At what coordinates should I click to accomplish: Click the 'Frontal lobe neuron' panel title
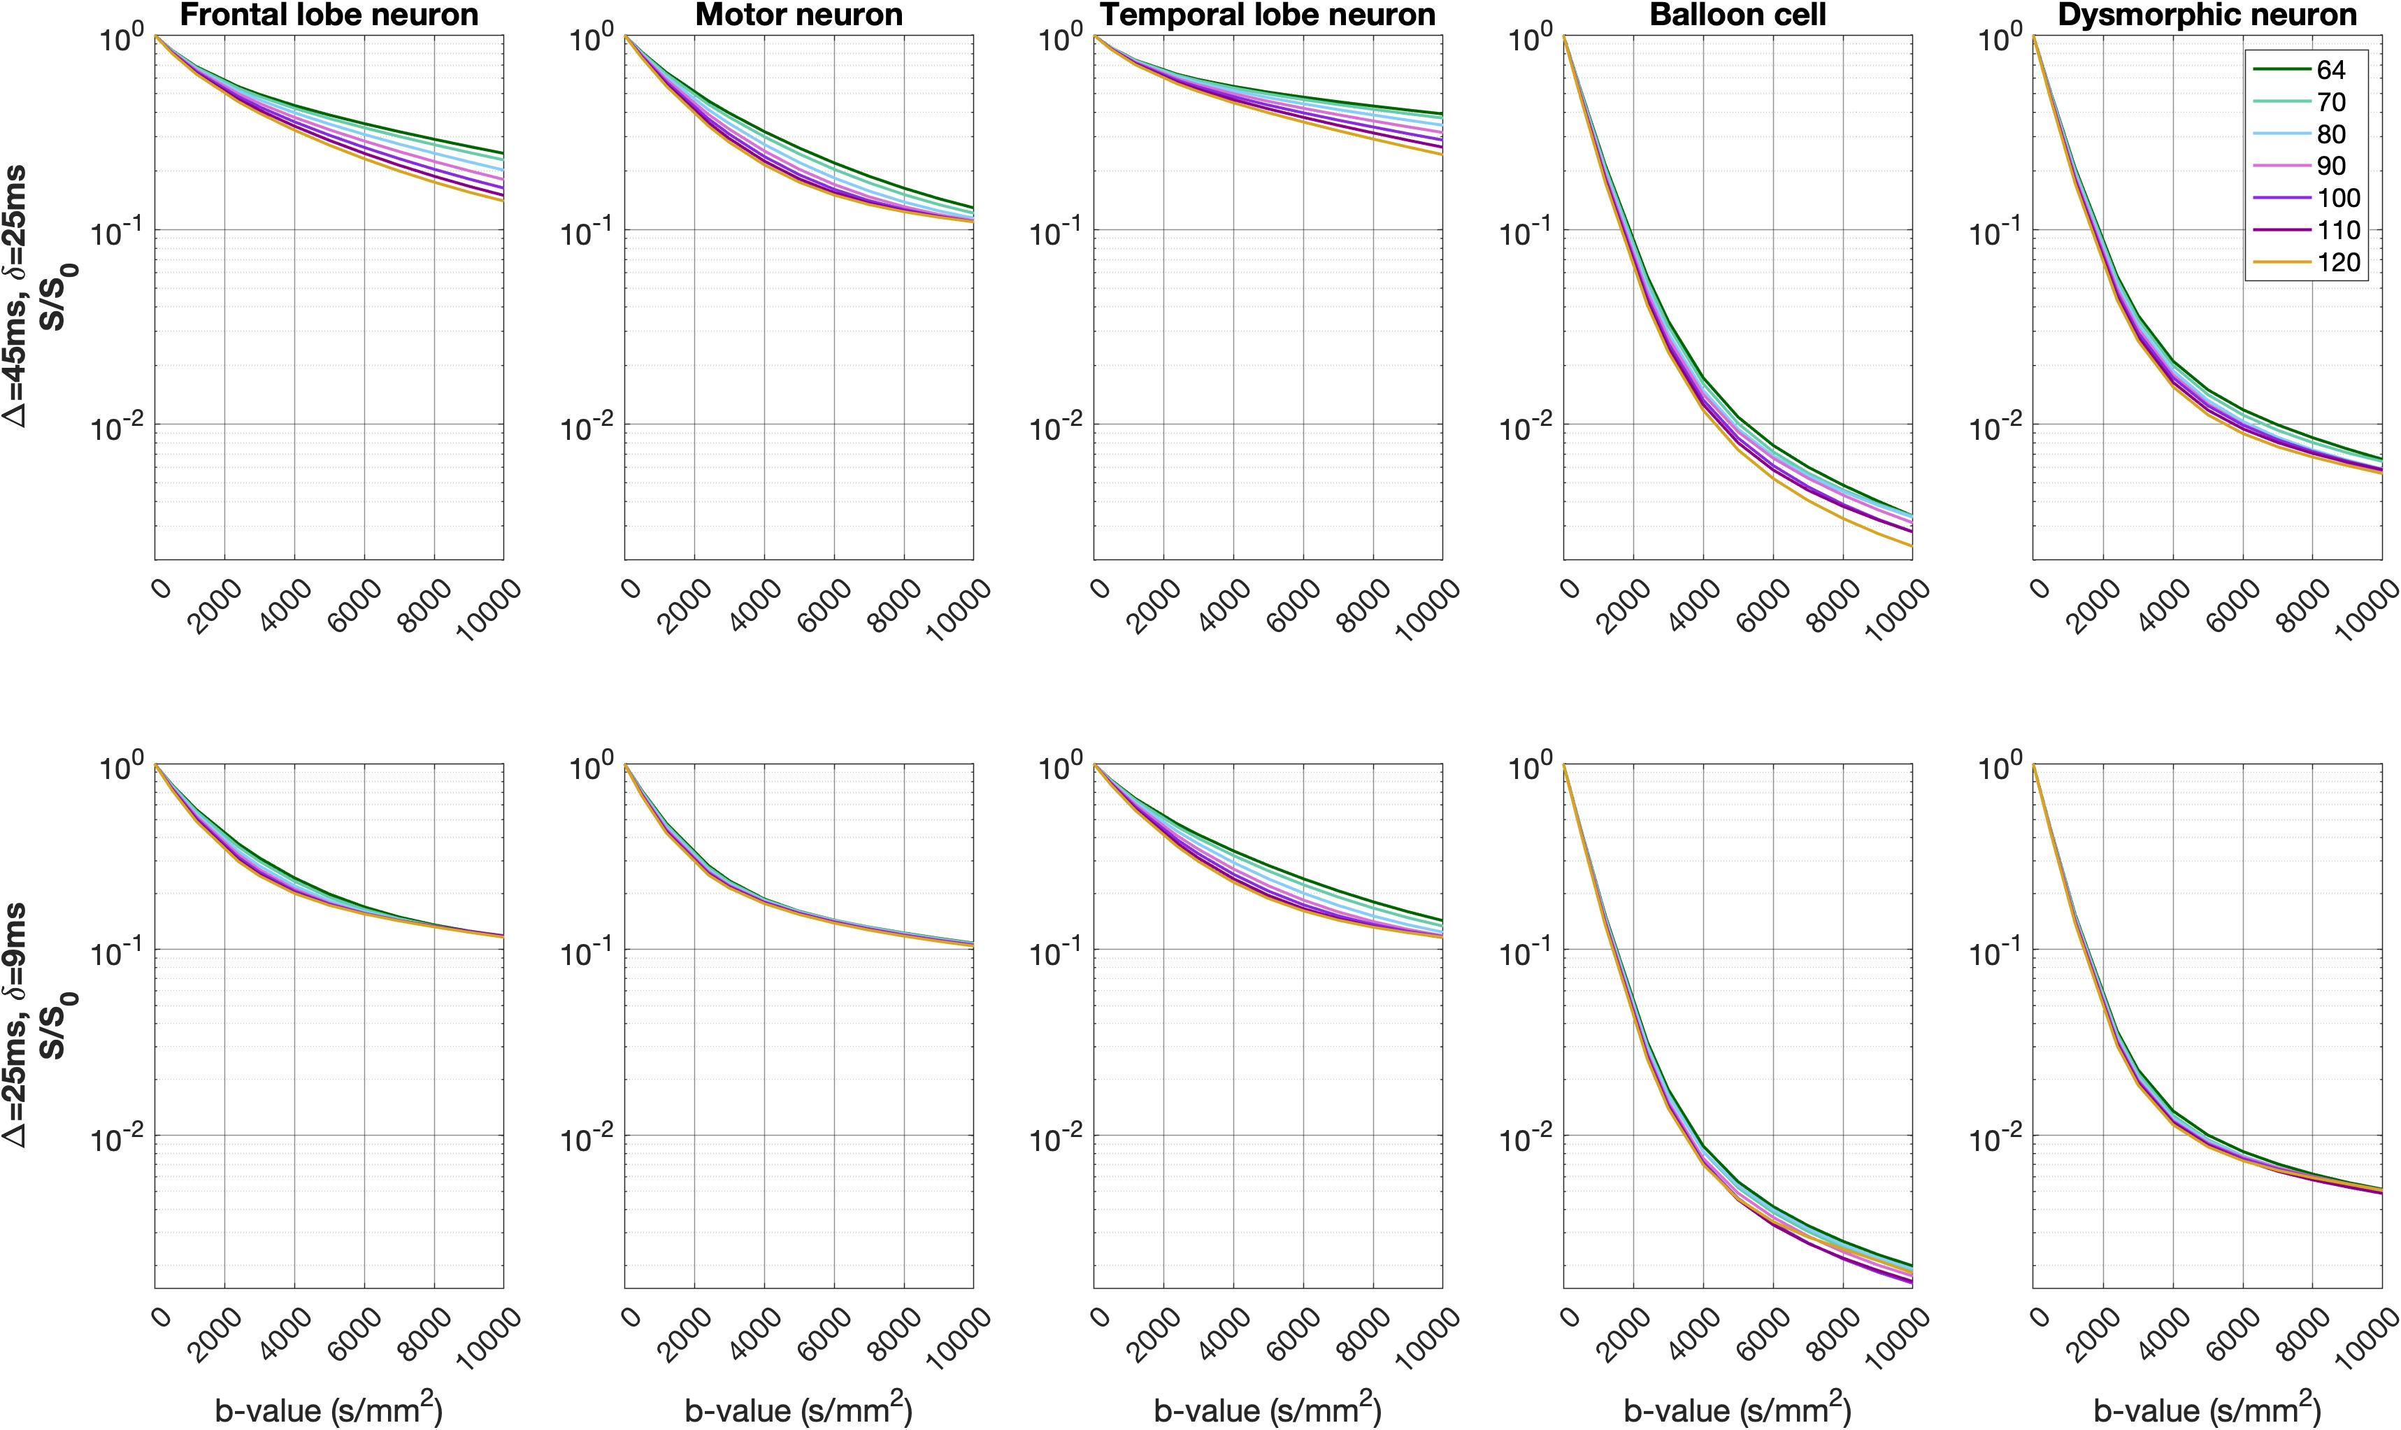(x=329, y=15)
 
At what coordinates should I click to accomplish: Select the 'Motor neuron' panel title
(x=798, y=15)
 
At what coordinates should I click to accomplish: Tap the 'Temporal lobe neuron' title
(x=1268, y=15)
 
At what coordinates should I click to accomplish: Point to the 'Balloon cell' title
(x=1737, y=15)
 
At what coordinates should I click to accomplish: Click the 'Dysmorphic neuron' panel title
(x=2207, y=15)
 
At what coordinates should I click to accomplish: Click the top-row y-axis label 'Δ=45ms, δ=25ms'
(x=20, y=296)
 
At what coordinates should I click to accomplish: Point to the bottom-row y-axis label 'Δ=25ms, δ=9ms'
(x=20, y=1023)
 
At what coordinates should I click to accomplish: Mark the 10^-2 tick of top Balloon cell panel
(x=1527, y=426)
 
